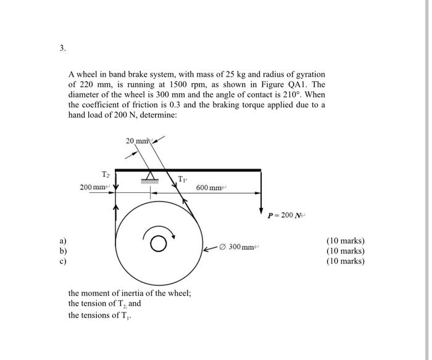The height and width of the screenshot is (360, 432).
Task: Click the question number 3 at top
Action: [x=62, y=49]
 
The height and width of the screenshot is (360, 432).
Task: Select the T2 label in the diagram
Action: [x=106, y=174]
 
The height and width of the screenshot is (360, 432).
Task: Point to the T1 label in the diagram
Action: [x=182, y=179]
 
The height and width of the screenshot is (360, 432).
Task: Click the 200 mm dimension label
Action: [x=94, y=187]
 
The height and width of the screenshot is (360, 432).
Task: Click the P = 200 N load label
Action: [x=287, y=216]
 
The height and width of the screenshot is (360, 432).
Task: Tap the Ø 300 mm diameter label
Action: [x=241, y=247]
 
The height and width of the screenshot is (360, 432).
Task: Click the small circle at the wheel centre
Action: [x=159, y=244]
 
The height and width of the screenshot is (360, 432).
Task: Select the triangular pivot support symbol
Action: [x=151, y=176]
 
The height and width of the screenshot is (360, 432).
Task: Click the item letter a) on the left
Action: [x=62, y=240]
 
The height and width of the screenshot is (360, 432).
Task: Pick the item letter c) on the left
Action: [x=62, y=261]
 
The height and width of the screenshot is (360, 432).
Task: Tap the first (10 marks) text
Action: [x=345, y=240]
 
